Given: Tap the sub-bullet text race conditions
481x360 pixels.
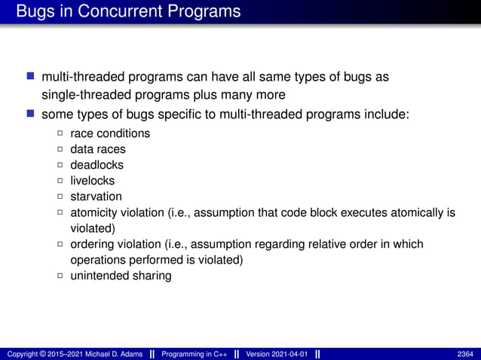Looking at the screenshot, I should [110, 133].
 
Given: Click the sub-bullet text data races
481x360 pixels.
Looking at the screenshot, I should [97, 149].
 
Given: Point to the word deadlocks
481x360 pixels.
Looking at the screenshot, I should [97, 165].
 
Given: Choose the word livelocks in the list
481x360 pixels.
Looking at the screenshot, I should [92, 181].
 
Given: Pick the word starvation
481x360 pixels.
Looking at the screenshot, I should [96, 197].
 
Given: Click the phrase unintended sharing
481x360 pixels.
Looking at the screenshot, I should [121, 276].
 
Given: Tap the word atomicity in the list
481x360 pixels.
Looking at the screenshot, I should [93, 212].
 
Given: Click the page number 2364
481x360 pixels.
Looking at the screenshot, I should [465, 354].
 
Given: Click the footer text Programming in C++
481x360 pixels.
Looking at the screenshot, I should [195, 354].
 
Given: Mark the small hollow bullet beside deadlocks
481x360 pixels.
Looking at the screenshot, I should [61, 165].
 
